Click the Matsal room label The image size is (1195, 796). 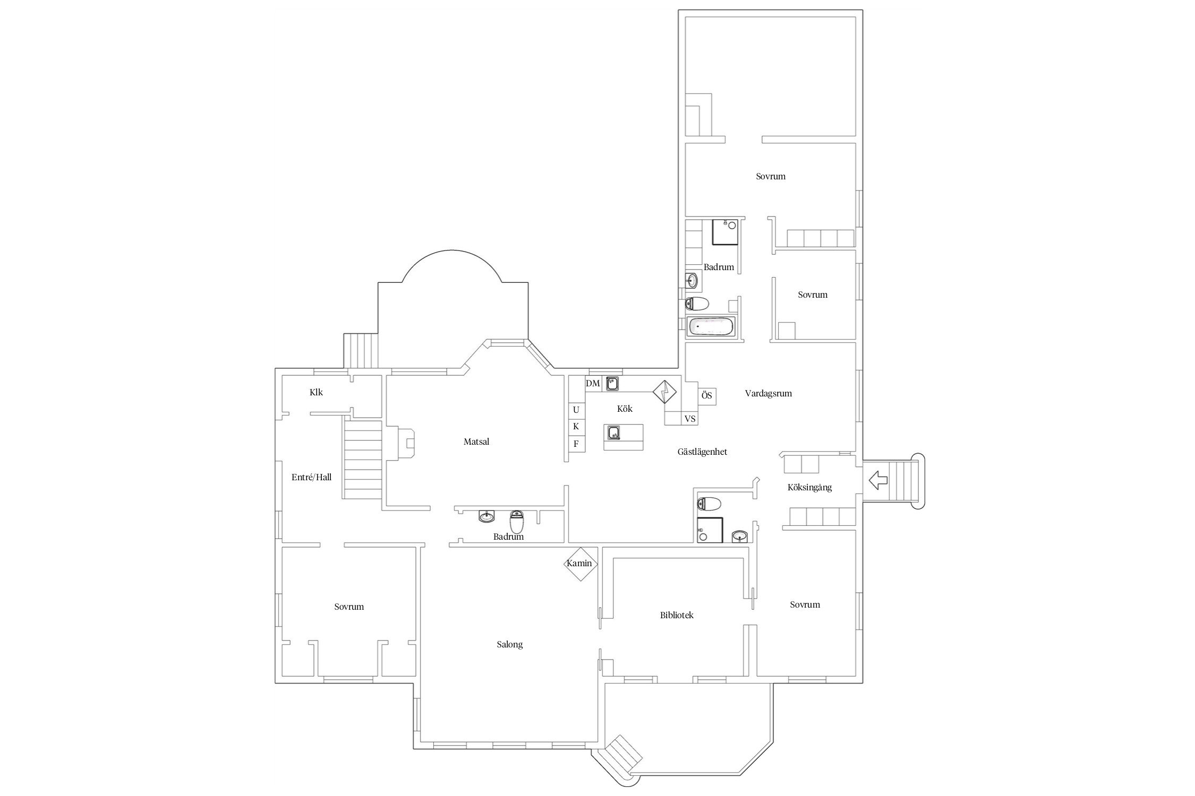tap(476, 442)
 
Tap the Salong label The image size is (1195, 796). tap(510, 645)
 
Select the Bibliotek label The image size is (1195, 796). tap(677, 616)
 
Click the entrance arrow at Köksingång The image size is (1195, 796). tap(878, 480)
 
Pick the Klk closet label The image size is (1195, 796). tap(316, 393)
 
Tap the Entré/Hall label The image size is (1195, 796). tap(311, 478)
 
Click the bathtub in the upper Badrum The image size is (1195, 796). tap(711, 326)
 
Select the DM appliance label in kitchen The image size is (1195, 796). tap(593, 384)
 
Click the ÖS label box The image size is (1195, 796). tap(706, 396)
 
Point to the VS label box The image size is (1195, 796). tap(690, 419)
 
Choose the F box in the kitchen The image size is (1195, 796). tap(576, 444)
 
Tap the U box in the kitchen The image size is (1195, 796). tap(576, 410)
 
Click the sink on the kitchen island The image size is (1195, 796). tap(614, 433)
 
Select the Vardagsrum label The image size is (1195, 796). tap(768, 394)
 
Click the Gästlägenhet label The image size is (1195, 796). tap(702, 452)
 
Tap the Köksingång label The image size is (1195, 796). tap(809, 488)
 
